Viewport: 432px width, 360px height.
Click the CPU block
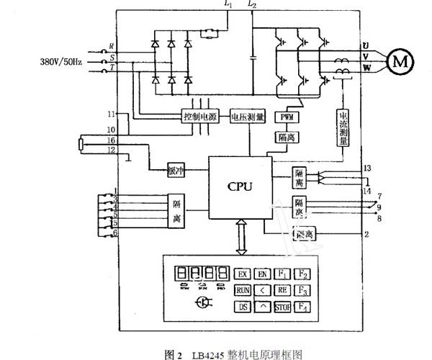240,186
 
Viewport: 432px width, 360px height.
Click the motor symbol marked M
398,61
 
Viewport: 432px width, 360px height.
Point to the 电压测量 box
247,117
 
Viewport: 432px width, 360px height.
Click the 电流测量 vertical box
343,127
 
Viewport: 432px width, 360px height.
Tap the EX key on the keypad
242,274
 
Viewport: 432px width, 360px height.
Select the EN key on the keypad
263,274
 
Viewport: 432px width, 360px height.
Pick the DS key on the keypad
242,307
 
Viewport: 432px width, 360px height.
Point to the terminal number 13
366,168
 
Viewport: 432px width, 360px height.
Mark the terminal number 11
112,114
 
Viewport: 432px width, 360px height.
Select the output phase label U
366,47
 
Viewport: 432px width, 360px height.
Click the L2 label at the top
251,6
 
